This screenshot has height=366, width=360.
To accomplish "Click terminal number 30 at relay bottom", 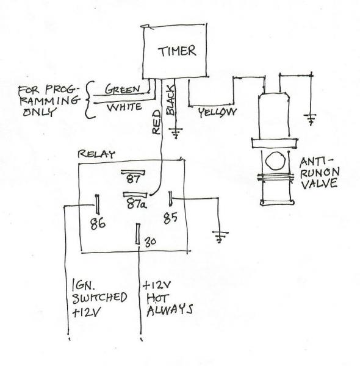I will [x=149, y=243].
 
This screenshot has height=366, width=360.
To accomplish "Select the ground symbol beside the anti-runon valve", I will [x=311, y=118].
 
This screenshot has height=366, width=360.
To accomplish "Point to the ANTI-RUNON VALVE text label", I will [x=317, y=174].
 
